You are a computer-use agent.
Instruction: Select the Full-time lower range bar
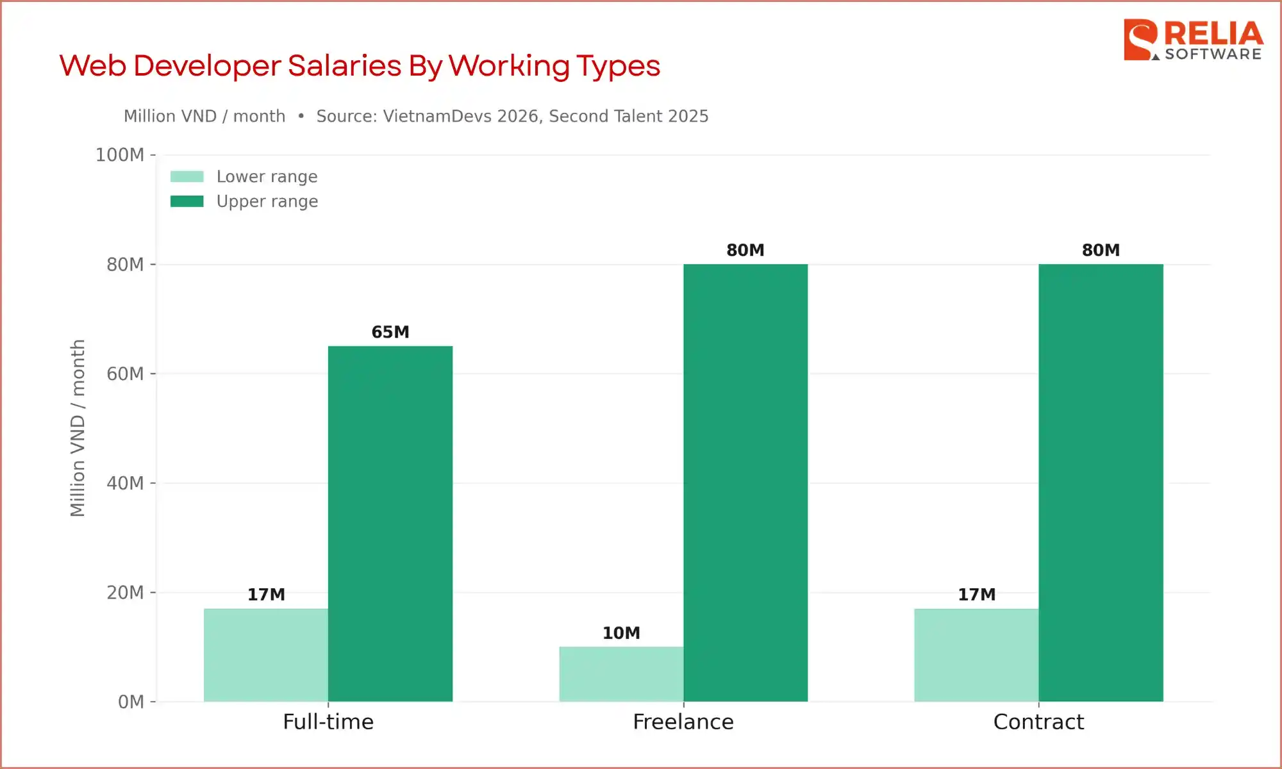click(265, 655)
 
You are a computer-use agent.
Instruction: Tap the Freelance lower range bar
click(620, 674)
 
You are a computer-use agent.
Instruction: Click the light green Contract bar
click(976, 655)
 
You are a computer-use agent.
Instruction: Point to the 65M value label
click(390, 332)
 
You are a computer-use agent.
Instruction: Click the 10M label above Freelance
click(620, 633)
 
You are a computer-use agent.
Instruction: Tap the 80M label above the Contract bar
click(1101, 250)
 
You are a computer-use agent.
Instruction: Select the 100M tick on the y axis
click(120, 155)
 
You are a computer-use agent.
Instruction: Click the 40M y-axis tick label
click(125, 483)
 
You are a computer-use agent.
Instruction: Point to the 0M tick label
click(131, 702)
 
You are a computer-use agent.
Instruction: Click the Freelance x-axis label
click(683, 722)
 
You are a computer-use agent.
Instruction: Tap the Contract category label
click(1038, 722)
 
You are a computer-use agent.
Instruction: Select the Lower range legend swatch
click(187, 176)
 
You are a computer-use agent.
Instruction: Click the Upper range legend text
click(267, 201)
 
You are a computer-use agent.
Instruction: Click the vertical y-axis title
click(78, 428)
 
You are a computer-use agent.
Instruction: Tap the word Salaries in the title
click(344, 66)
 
